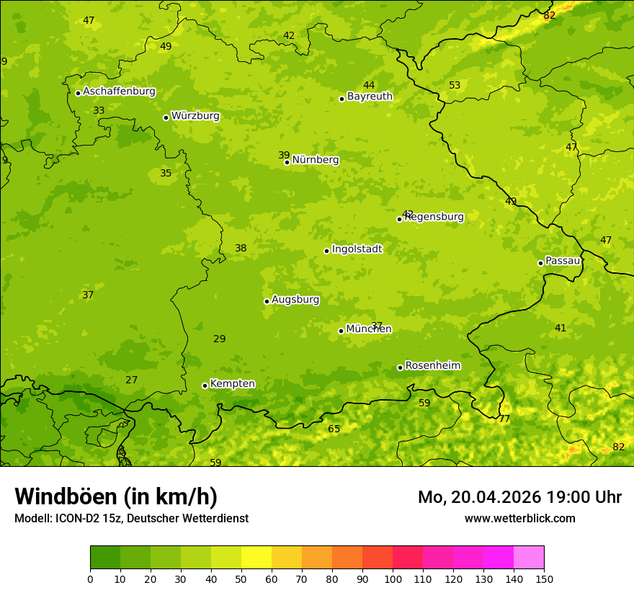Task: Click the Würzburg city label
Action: (x=195, y=116)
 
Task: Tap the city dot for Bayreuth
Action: (x=341, y=99)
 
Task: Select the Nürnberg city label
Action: (x=316, y=160)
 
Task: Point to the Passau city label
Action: (x=563, y=261)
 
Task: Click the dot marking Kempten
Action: (x=205, y=385)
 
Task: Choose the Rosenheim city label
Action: (x=432, y=366)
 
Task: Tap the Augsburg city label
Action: (x=295, y=300)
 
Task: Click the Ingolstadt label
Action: (x=357, y=249)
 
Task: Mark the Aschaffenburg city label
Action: (x=119, y=92)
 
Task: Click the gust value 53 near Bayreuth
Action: (x=455, y=85)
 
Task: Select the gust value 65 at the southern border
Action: (x=334, y=429)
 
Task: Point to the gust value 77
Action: (x=504, y=419)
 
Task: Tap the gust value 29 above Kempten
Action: (x=220, y=339)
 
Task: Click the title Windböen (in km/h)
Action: (x=116, y=496)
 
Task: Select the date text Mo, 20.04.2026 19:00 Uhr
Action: (x=519, y=497)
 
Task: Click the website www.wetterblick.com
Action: (x=519, y=518)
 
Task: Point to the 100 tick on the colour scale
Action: (x=393, y=579)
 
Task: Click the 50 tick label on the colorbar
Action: (x=241, y=579)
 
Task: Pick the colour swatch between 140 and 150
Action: (x=529, y=558)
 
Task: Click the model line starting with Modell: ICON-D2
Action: (x=131, y=518)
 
